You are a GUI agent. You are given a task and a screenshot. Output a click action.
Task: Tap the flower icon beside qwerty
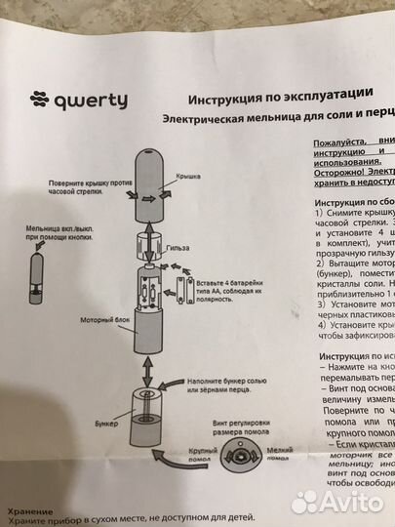tap(39, 99)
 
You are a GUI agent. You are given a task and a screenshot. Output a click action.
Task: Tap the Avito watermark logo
tap(332, 502)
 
